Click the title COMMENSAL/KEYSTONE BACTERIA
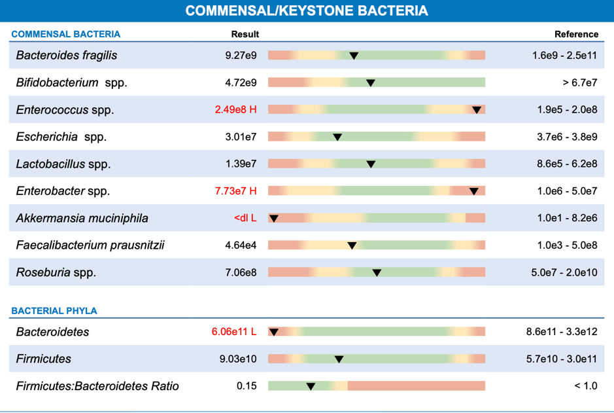pyautogui.click(x=307, y=11)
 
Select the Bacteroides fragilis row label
pyautogui.click(x=67, y=56)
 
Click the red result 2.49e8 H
pyautogui.click(x=235, y=110)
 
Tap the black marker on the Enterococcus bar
pyautogui.click(x=477, y=110)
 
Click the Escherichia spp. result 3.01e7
pyautogui.click(x=241, y=137)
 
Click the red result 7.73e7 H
pyautogui.click(x=235, y=191)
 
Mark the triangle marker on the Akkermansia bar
pyautogui.click(x=274, y=218)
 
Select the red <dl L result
pyautogui.click(x=245, y=218)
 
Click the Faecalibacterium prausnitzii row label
pyautogui.click(x=90, y=245)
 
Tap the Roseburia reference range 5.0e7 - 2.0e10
pyautogui.click(x=564, y=272)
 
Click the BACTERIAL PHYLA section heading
pyautogui.click(x=54, y=311)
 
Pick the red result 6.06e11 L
pyautogui.click(x=233, y=332)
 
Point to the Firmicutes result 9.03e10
pyautogui.click(x=241, y=359)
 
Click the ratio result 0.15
pyautogui.click(x=247, y=386)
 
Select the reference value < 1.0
pyautogui.click(x=585, y=386)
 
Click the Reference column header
pyautogui.click(x=576, y=34)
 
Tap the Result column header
pyautogui.click(x=245, y=34)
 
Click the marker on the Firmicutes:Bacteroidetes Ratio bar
pyautogui.click(x=311, y=386)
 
